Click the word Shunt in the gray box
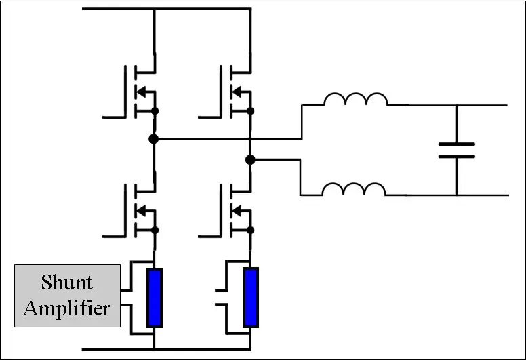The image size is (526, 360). coord(66,282)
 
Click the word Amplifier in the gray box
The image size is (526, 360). coord(66,308)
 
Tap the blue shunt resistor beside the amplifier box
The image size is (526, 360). coord(155,298)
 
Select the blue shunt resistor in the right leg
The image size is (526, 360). coord(251,298)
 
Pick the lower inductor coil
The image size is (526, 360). coord(354,188)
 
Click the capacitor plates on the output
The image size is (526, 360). coord(457,151)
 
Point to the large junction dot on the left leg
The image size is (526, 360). coord(153,138)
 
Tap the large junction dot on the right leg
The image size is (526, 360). coord(250,160)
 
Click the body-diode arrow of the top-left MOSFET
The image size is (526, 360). coord(142,92)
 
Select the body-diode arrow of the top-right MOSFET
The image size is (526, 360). coord(237,92)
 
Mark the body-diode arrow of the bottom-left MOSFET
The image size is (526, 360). coord(142,211)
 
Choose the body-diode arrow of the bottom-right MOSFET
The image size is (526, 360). coord(237,211)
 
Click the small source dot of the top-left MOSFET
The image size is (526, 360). coord(155,111)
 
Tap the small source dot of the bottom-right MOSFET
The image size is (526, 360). coord(250,230)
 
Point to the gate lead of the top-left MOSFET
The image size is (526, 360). coord(114,117)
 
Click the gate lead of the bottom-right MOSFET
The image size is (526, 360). coord(209,236)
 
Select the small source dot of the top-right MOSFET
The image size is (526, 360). coord(250,111)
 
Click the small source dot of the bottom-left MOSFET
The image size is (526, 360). coord(155,230)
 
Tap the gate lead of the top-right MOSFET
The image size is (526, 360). coord(209,117)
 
